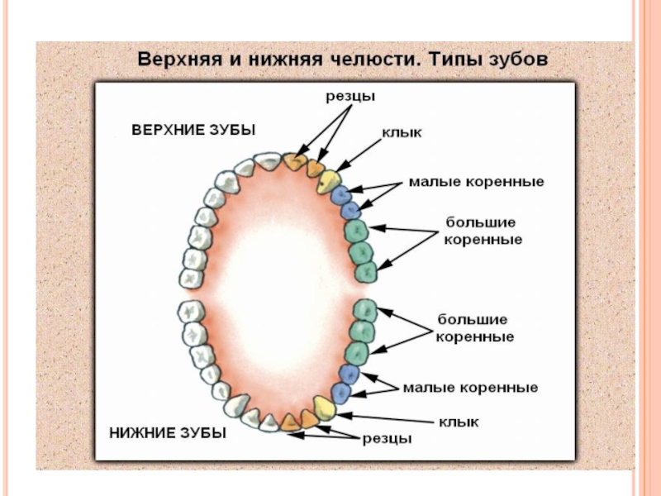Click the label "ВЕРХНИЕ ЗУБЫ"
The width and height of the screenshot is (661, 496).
[194, 130]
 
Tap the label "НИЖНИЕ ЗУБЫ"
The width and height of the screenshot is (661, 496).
[168, 432]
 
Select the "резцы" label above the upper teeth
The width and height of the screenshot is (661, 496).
[349, 97]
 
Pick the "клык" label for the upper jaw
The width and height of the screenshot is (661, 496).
[398, 132]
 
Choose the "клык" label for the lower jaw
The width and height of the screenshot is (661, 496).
[459, 422]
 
